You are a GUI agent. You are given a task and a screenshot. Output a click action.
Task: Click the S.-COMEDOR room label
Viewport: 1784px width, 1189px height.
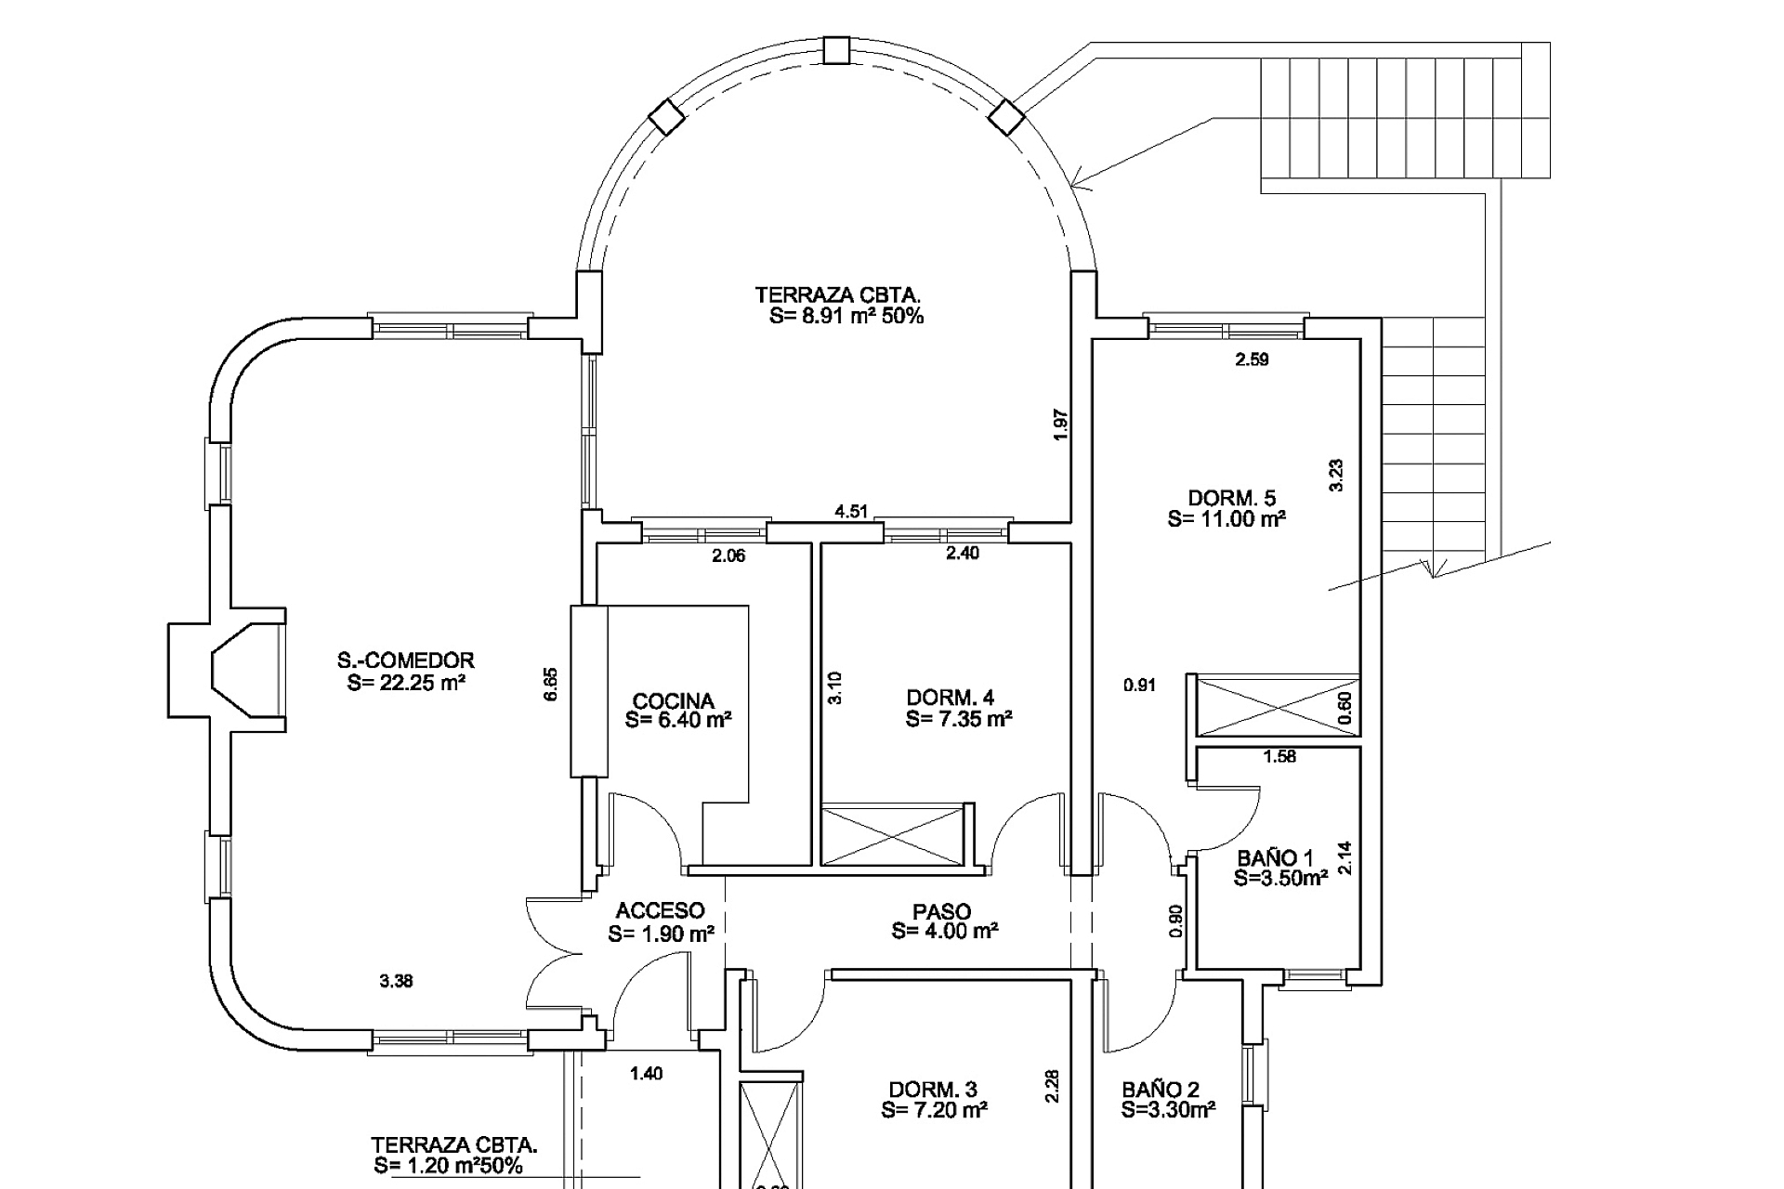(406, 660)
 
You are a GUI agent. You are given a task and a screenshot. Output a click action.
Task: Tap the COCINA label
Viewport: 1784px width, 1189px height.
(674, 701)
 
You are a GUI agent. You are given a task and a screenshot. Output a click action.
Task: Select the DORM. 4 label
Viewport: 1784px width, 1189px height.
(951, 698)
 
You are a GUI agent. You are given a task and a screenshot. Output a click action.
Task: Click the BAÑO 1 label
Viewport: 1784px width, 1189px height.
(1276, 858)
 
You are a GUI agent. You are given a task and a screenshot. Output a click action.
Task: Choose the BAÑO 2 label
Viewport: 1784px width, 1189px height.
(1161, 1090)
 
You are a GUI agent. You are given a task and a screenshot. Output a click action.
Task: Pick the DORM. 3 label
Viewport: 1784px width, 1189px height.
(933, 1090)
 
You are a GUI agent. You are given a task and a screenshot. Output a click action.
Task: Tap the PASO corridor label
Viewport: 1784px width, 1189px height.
(942, 912)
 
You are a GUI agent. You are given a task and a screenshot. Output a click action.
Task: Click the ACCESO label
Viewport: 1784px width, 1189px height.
(660, 911)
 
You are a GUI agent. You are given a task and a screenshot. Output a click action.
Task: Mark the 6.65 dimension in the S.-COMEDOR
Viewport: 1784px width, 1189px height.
(551, 685)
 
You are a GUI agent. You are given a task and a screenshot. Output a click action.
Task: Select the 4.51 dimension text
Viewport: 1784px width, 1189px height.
(851, 512)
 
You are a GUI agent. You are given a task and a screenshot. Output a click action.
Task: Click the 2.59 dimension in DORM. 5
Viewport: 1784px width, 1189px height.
(1252, 359)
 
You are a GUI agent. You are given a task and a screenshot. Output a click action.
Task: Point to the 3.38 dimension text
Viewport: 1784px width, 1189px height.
(397, 981)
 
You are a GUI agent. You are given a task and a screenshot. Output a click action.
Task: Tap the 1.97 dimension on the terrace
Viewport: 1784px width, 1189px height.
(1062, 425)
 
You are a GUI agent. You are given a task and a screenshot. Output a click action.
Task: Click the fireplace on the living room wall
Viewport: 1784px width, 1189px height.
(227, 671)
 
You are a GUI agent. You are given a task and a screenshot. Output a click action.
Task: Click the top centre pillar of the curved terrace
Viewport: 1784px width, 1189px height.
(837, 49)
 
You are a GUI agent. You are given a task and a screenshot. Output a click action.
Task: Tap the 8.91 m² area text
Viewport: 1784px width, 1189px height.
(847, 316)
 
